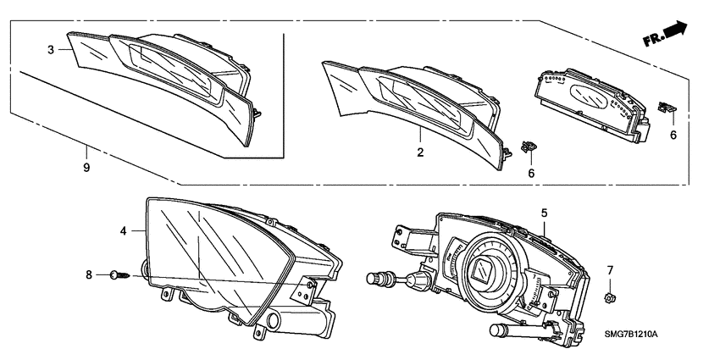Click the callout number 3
click(x=51, y=50)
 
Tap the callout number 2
click(x=419, y=152)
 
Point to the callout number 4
click(x=124, y=230)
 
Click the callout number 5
click(x=545, y=213)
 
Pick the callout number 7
click(x=608, y=270)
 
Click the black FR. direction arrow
click(x=675, y=30)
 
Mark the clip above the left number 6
click(x=529, y=147)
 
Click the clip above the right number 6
click(x=667, y=107)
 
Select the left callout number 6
click(x=530, y=173)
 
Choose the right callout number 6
click(x=673, y=134)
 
